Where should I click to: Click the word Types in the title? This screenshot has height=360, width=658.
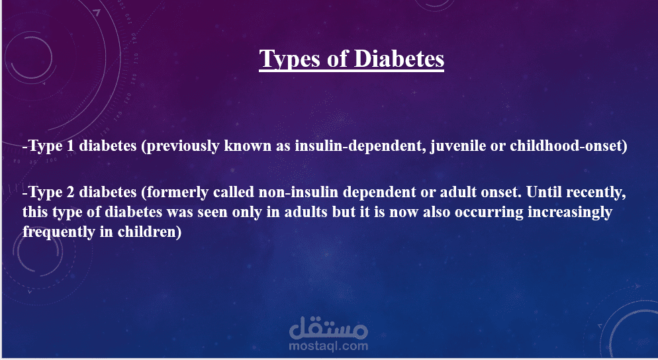289,59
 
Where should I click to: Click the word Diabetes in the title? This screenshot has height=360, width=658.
399,58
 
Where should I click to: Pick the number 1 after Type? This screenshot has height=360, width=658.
70,146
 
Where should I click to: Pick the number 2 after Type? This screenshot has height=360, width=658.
70,192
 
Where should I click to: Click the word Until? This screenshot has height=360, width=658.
544,192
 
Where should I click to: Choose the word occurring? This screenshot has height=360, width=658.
489,212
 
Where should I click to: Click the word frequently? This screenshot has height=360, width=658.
59,232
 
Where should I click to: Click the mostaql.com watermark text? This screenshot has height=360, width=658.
328,346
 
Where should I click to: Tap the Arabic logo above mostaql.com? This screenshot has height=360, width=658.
328,328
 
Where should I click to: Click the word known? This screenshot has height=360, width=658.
248,146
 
